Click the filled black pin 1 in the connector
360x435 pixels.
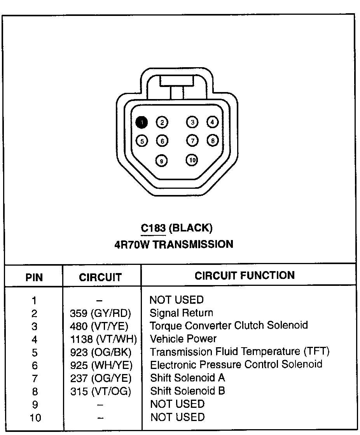[x=142, y=122]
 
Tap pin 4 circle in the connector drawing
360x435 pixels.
[x=212, y=122]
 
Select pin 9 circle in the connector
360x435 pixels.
[x=161, y=160]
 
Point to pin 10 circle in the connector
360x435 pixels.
[x=192, y=160]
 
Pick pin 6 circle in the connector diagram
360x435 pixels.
[x=162, y=141]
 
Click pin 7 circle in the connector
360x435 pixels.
[x=192, y=140]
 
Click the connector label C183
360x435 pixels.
[x=153, y=228]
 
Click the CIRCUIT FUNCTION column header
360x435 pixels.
[x=245, y=276]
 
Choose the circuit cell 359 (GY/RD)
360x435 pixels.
[x=100, y=313]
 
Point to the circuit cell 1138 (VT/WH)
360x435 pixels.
[x=103, y=339]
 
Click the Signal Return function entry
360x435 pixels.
[x=181, y=313]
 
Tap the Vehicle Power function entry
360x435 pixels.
[x=183, y=339]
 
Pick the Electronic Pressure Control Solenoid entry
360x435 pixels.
[x=236, y=364]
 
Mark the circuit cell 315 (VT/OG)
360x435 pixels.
[x=100, y=391]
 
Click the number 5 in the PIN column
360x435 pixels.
[x=35, y=352]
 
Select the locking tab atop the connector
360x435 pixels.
[x=177, y=82]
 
